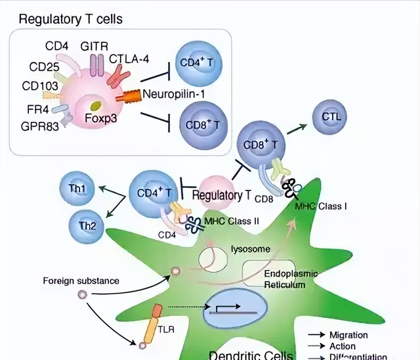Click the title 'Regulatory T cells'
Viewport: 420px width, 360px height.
(70, 19)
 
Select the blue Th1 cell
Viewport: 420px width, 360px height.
(76, 189)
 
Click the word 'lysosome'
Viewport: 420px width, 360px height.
(248, 248)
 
